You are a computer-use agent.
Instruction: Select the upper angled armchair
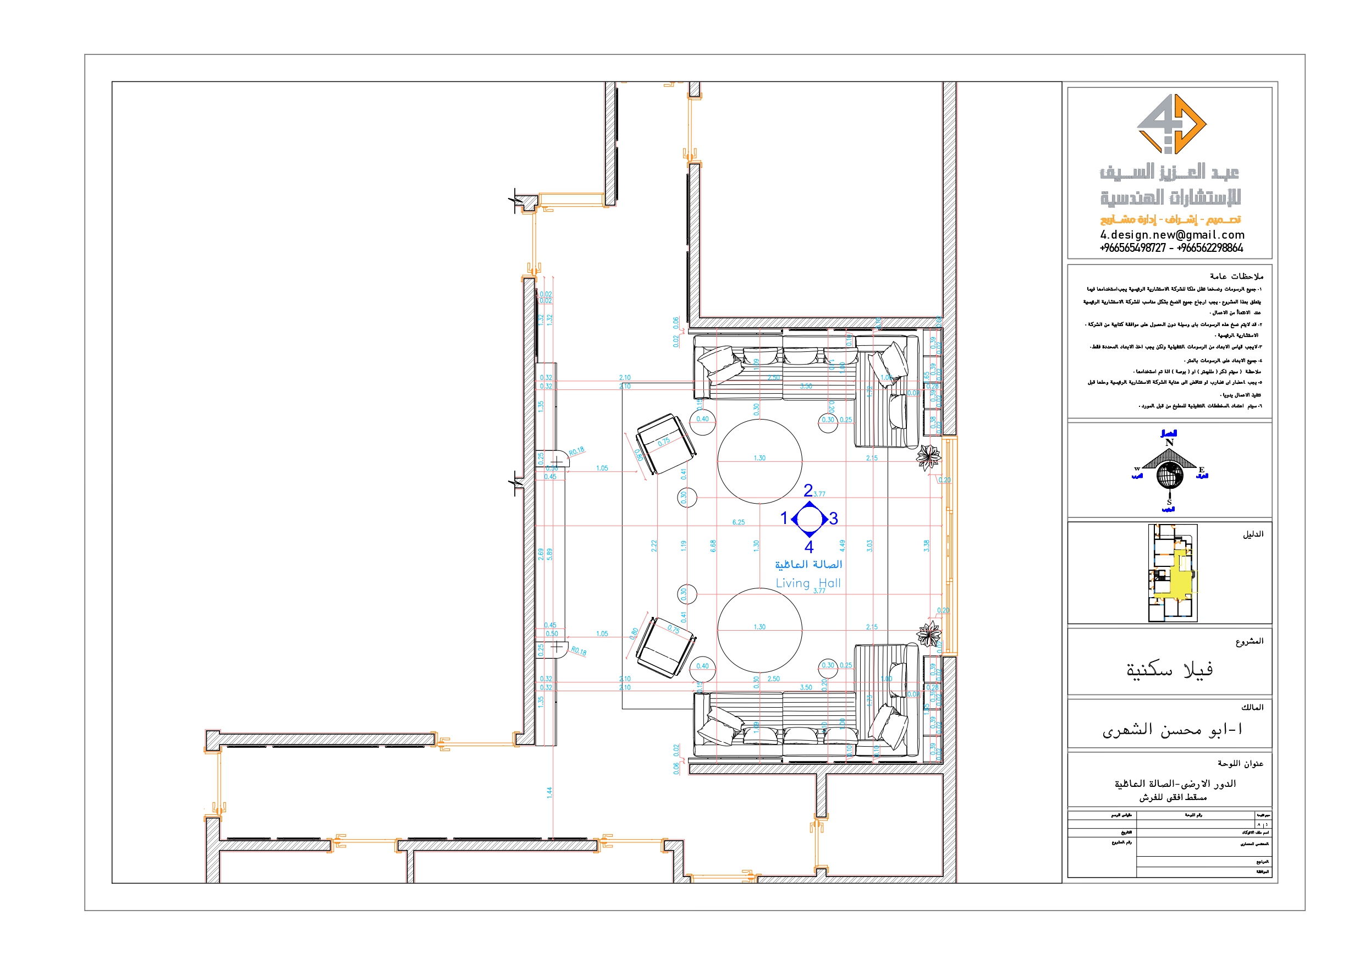(x=664, y=444)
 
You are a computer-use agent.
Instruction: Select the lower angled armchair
(x=664, y=647)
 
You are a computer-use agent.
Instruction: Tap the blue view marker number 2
(x=808, y=490)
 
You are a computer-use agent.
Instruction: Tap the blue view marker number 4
(x=808, y=547)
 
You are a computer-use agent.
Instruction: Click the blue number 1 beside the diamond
(x=784, y=519)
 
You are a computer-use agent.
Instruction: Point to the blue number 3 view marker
(x=834, y=519)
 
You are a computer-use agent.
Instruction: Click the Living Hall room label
(x=808, y=583)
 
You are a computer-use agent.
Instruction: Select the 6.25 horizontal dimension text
(x=739, y=522)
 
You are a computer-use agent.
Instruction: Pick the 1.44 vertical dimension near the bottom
(x=549, y=792)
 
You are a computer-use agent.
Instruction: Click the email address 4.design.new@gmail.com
(x=1171, y=235)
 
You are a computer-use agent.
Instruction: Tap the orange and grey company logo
(x=1171, y=124)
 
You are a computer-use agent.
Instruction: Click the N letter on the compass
(x=1169, y=443)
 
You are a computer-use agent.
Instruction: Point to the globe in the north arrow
(x=1169, y=476)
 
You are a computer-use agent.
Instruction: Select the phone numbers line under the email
(x=1171, y=248)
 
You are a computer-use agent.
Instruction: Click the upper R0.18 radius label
(x=576, y=451)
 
